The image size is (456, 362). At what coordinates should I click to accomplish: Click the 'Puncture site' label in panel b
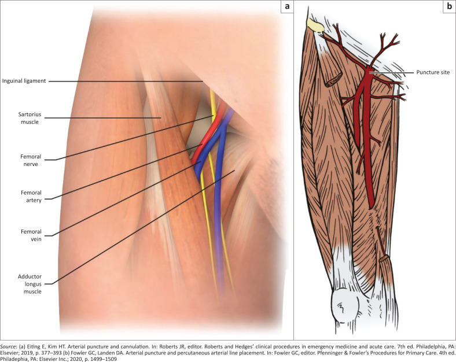tap(432, 72)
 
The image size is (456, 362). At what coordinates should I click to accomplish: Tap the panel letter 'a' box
tap(286, 7)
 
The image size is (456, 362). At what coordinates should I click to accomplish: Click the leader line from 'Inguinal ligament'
tap(127, 81)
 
